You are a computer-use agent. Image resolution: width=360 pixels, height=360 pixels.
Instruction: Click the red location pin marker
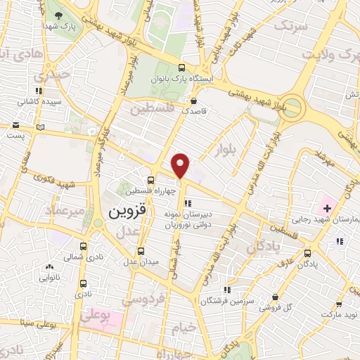click(181, 165)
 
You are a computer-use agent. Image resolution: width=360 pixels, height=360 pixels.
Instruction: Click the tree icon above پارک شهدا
click(58, 15)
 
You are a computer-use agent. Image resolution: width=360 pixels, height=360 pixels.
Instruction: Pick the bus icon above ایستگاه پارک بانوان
click(182, 68)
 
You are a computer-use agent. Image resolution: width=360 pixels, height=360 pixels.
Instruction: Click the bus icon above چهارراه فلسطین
click(150, 179)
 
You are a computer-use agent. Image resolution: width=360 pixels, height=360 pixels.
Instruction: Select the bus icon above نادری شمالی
click(84, 247)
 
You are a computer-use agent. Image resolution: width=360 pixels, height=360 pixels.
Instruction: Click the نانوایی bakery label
click(49, 278)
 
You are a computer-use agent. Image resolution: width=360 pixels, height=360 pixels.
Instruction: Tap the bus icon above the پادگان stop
click(306, 252)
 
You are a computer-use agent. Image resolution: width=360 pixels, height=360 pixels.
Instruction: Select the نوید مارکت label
click(341, 316)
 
